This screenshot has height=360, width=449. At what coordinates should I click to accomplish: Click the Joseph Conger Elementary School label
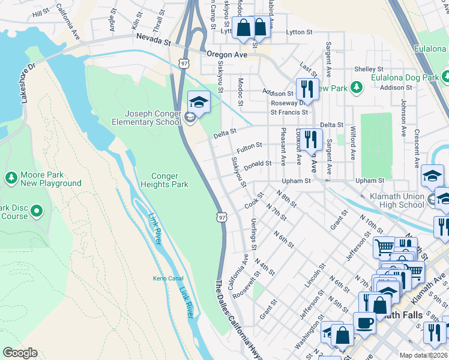pyautogui.click(x=152, y=118)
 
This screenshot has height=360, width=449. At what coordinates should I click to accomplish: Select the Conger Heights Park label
pyautogui.click(x=164, y=180)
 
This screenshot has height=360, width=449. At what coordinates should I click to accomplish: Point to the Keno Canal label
pyautogui.click(x=164, y=278)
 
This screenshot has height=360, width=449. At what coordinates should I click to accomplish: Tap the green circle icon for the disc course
pyautogui.click(x=37, y=211)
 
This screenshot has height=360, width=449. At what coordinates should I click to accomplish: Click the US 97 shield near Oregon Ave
pyautogui.click(x=183, y=62)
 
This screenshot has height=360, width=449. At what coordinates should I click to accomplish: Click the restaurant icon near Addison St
pyautogui.click(x=307, y=89)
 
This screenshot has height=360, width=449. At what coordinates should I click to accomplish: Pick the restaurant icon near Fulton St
pyautogui.click(x=310, y=140)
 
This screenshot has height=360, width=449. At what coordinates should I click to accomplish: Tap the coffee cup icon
pyautogui.click(x=364, y=322)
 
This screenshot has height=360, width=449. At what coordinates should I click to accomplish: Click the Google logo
pyautogui.click(x=20, y=353)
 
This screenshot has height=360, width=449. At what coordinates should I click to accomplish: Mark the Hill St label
pyautogui.click(x=41, y=13)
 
